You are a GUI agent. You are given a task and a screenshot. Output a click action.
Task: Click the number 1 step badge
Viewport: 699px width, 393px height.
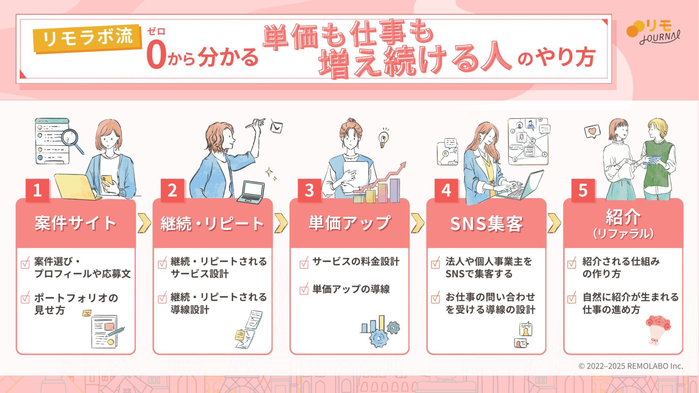pyautogui.click(x=37, y=190)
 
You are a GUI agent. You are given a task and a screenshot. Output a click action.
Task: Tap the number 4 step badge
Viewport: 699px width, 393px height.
pyautogui.click(x=446, y=190)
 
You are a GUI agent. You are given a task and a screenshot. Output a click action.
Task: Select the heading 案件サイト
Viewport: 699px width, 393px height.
pyautogui.click(x=75, y=223)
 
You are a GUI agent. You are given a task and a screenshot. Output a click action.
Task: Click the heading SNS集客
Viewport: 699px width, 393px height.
pyautogui.click(x=486, y=223)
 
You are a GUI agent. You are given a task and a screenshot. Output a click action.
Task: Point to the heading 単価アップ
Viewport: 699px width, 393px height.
pyautogui.click(x=349, y=223)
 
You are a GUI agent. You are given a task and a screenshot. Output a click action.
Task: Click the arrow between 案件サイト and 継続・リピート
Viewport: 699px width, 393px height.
pyautogui.click(x=144, y=223)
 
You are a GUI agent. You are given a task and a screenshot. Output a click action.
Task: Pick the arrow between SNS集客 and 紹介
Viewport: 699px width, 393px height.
pyautogui.click(x=554, y=223)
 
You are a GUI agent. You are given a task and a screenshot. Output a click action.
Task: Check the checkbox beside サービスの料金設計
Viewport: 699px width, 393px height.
pyautogui.click(x=304, y=263)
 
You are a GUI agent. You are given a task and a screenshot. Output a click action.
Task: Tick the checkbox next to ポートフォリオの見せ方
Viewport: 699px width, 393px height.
pyautogui.click(x=25, y=298)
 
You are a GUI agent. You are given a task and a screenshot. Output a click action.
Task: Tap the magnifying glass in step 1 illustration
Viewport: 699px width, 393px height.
pyautogui.click(x=72, y=141)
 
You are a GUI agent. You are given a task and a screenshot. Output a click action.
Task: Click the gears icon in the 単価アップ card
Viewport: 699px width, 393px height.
pyautogui.click(x=381, y=332)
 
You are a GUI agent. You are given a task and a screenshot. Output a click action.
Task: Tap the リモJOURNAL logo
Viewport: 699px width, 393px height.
pyautogui.click(x=653, y=32)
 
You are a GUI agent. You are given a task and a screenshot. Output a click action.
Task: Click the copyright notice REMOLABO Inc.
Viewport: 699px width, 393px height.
pyautogui.click(x=631, y=366)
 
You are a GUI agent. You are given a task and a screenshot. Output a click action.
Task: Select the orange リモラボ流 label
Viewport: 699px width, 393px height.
pyautogui.click(x=87, y=37)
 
